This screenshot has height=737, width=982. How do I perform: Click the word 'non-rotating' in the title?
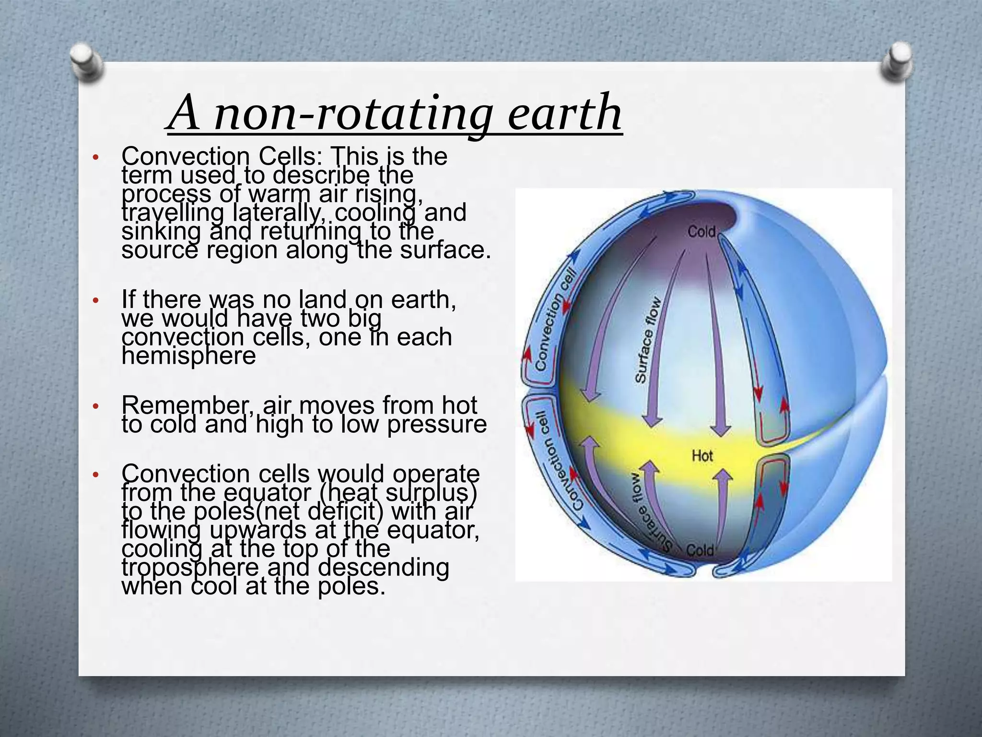352,114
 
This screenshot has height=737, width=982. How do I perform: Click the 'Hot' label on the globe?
702,455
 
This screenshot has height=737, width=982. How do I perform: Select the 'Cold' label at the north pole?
701,232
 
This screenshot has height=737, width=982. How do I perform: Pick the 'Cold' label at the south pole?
700,550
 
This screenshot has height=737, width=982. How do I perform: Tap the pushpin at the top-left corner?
87,62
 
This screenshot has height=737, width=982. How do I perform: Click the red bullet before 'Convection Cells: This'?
95,157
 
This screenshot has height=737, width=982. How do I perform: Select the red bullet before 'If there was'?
95,301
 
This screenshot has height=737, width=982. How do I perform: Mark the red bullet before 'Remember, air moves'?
95,407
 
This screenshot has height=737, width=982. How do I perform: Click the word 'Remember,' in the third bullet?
189,405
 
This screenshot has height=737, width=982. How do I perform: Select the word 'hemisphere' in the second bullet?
188,356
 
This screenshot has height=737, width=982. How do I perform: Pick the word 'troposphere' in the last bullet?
190,568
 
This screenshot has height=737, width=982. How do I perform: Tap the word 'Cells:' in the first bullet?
291,156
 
